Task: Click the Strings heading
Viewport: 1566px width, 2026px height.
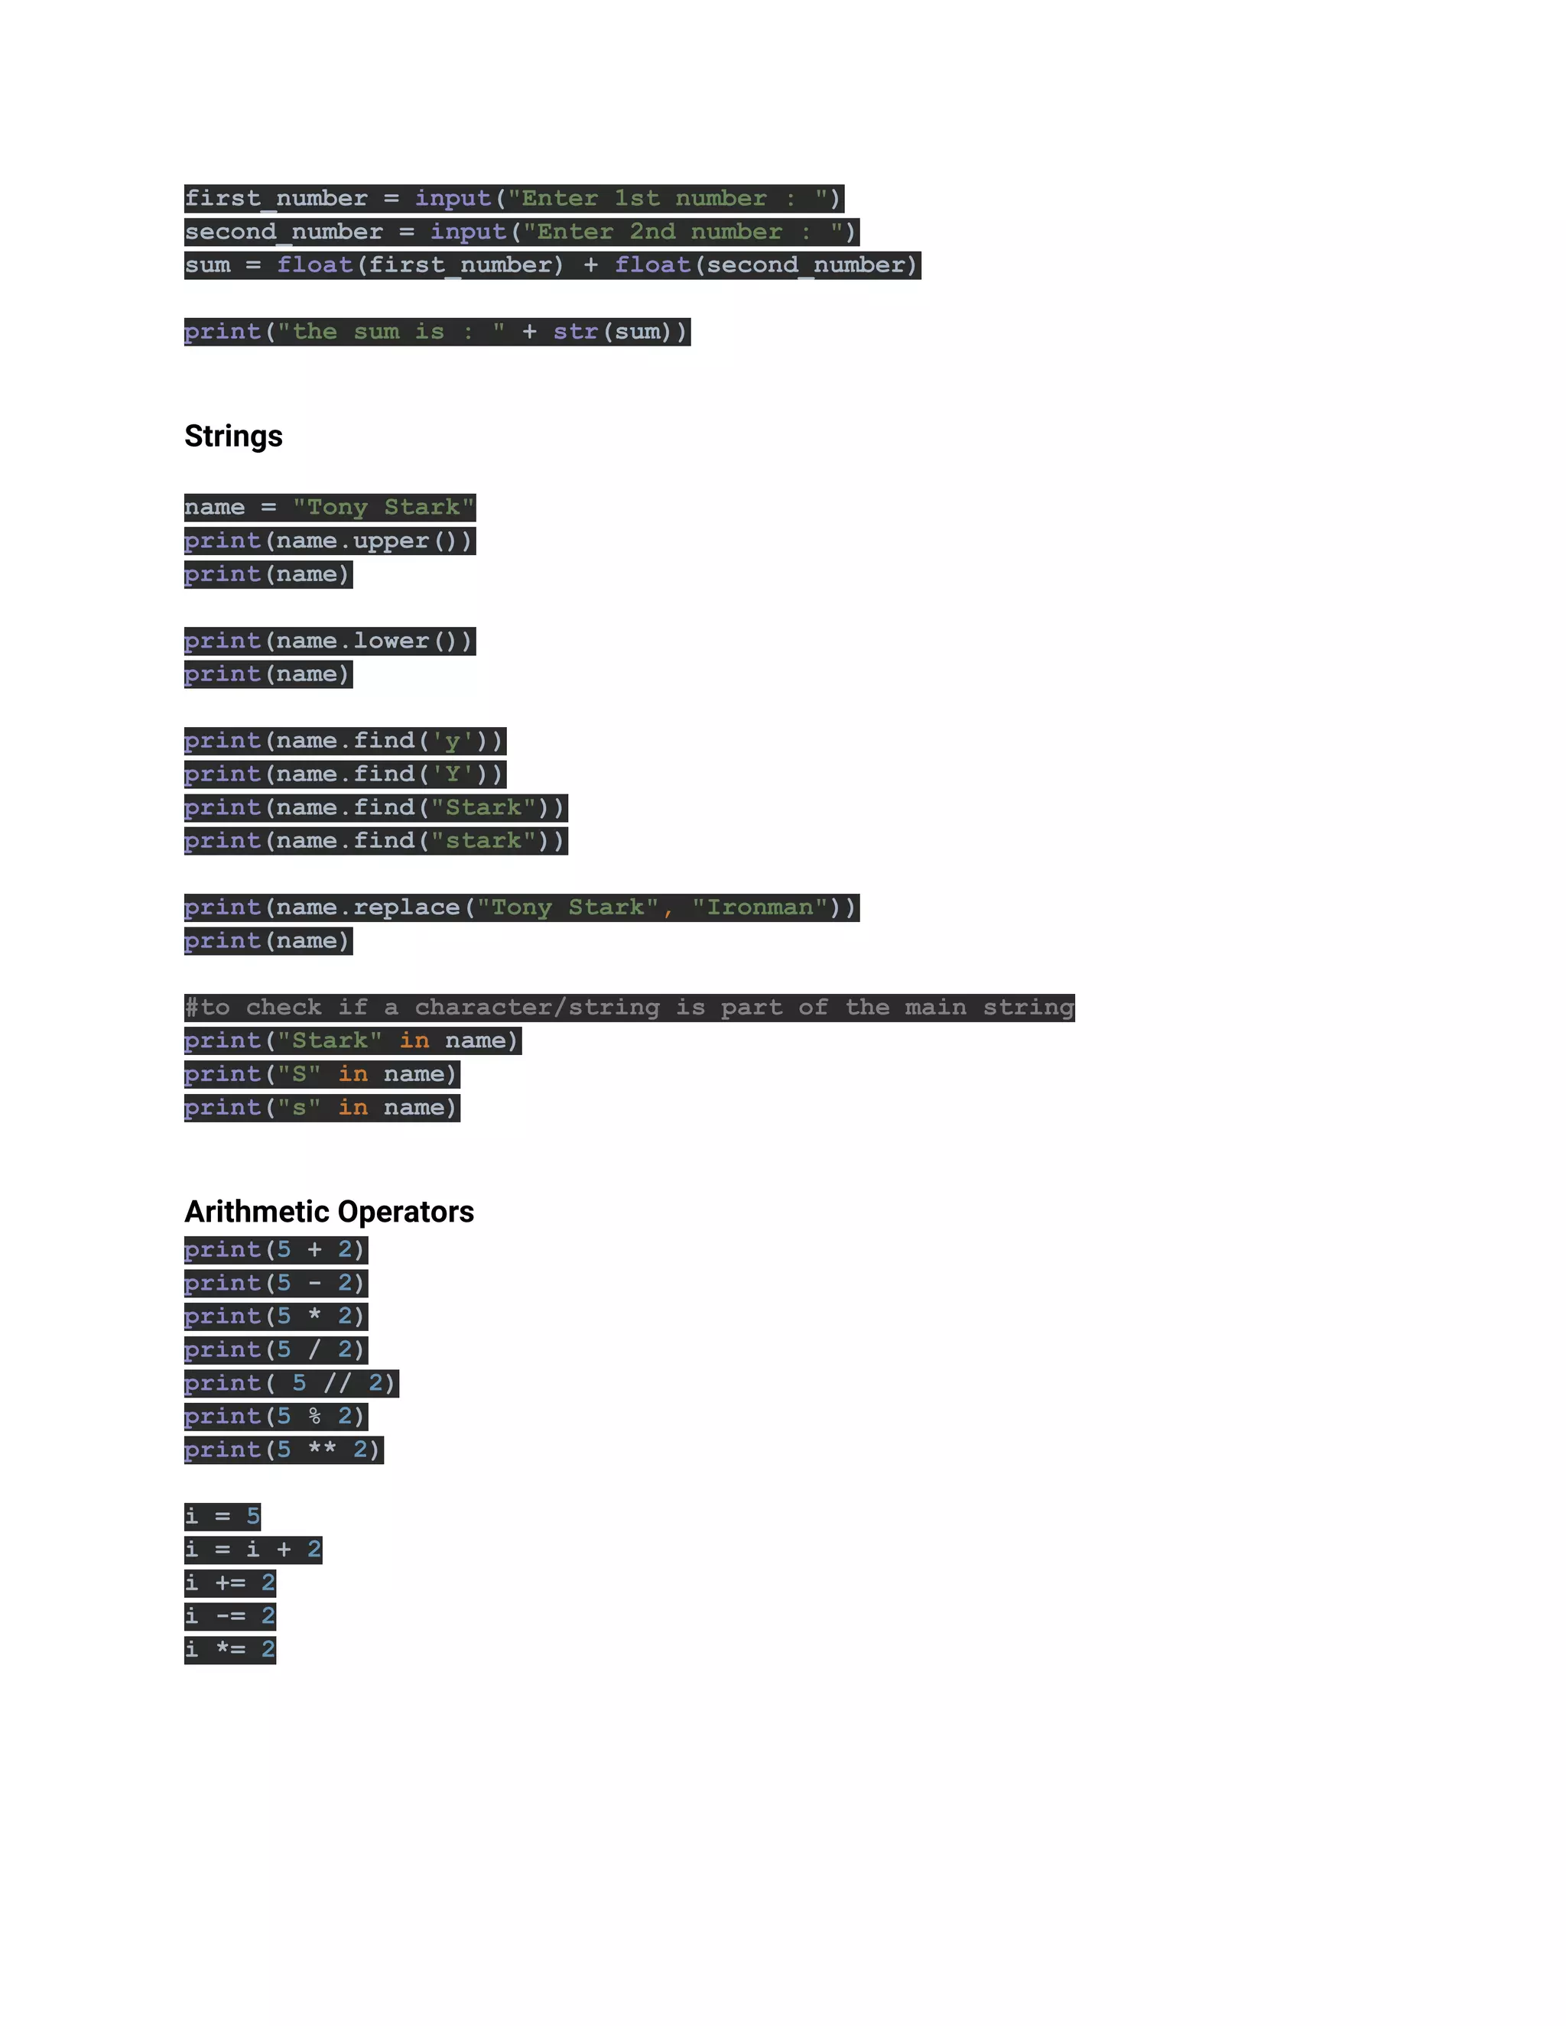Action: pyautogui.click(x=233, y=436)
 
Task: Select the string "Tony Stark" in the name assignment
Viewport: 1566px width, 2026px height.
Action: pyautogui.click(x=383, y=508)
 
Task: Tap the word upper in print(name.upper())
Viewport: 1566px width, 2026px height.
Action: pyautogui.click(x=391, y=541)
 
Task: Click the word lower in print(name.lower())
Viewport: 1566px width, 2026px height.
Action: pyautogui.click(x=391, y=641)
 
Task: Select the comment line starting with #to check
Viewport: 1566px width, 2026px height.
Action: pyautogui.click(x=629, y=1008)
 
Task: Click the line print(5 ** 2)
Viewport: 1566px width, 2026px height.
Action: pyautogui.click(x=283, y=1450)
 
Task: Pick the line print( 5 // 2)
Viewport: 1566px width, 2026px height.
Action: pyautogui.click(x=291, y=1383)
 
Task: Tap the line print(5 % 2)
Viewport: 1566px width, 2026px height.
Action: pyautogui.click(x=275, y=1417)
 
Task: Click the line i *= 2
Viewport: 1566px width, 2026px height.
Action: pyautogui.click(x=230, y=1649)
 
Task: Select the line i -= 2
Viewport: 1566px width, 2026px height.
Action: pyautogui.click(x=230, y=1616)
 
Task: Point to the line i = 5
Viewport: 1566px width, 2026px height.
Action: pyautogui.click(x=223, y=1517)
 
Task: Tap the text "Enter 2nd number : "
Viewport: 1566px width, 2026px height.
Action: pyautogui.click(x=683, y=232)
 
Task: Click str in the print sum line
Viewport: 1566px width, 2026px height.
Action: pyautogui.click(x=575, y=332)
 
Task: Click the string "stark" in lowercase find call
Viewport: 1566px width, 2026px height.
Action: pyautogui.click(x=483, y=840)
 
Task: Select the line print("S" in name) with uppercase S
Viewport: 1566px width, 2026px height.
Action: pyautogui.click(x=322, y=1074)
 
